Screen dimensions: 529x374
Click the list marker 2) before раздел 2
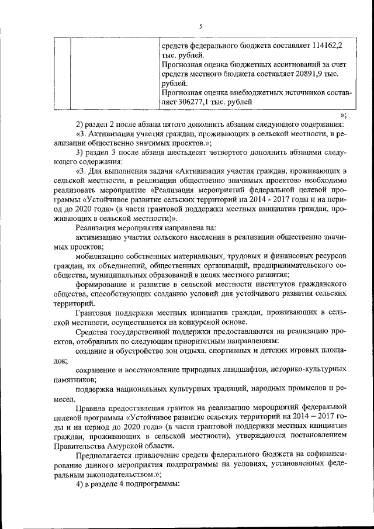(x=80, y=123)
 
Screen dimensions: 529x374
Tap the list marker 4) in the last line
(x=80, y=485)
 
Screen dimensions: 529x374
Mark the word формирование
(x=102, y=284)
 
